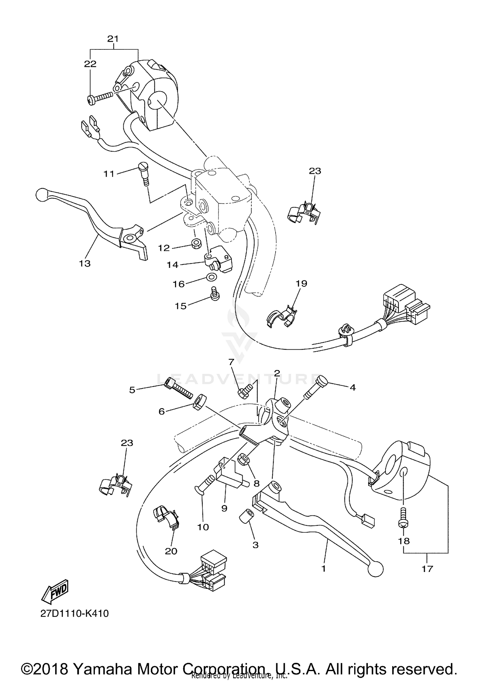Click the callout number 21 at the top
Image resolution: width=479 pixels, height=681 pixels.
(113, 39)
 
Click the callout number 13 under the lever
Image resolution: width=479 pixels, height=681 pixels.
(85, 263)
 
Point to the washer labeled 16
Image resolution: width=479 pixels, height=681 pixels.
(210, 277)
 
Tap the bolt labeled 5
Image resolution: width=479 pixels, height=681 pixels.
(178, 388)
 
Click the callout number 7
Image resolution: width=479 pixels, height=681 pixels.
(231, 361)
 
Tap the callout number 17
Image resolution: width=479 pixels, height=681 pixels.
(427, 568)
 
